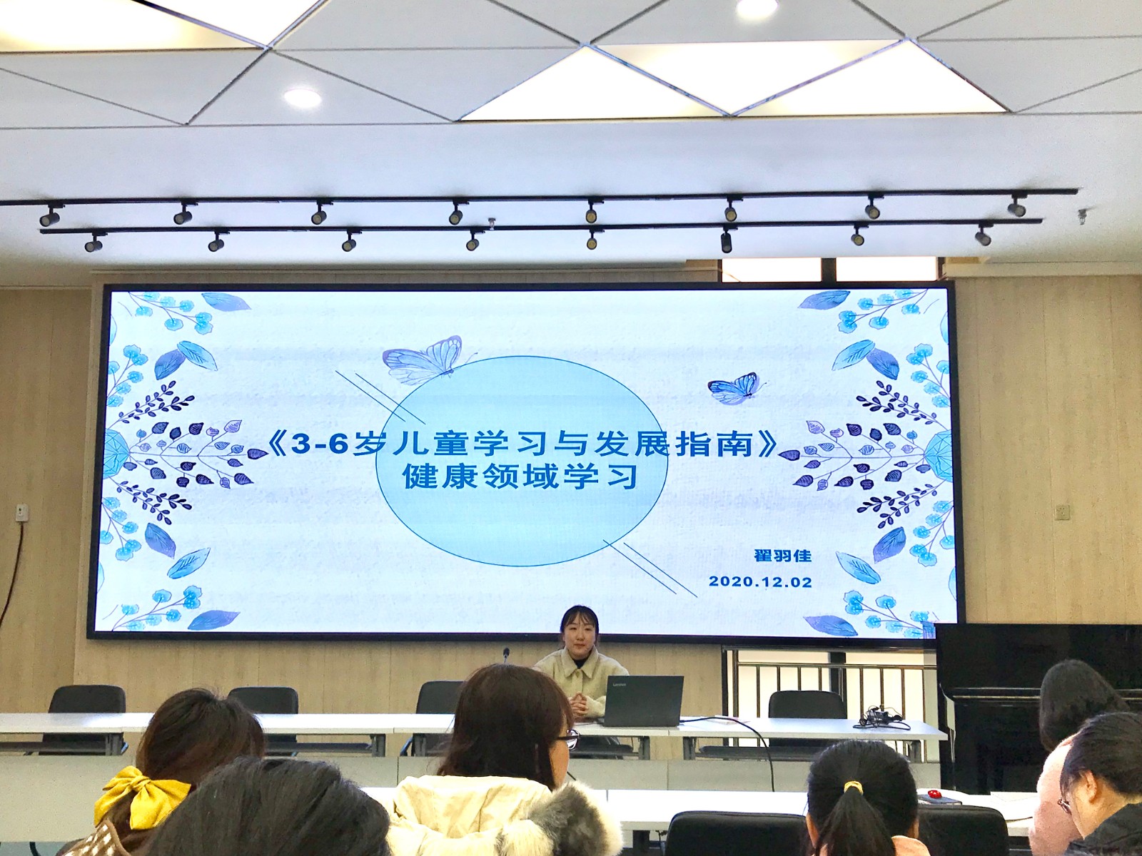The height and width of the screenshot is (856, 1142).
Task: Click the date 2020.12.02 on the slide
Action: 760,581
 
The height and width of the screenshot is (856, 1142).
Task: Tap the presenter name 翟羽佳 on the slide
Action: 782,556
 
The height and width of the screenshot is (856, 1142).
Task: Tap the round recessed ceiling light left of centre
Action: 302,97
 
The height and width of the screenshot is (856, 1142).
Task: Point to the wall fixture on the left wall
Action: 21,512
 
